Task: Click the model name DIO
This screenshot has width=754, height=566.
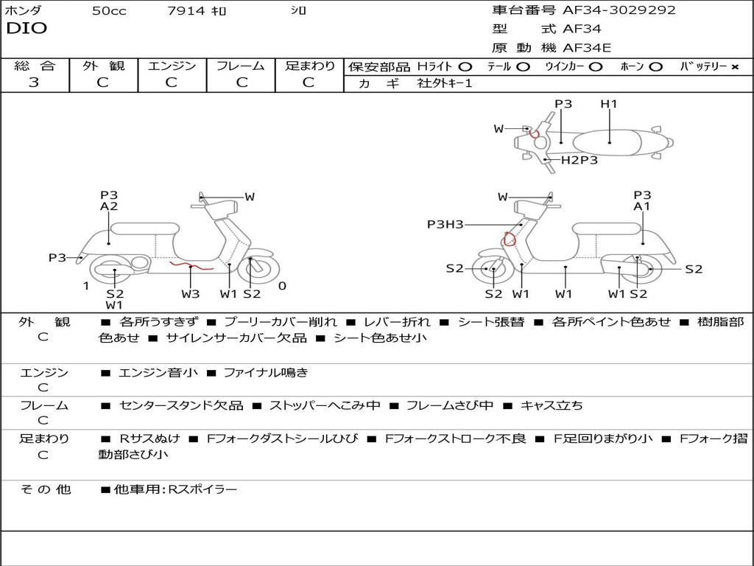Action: click(27, 29)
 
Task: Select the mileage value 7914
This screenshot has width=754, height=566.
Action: click(186, 11)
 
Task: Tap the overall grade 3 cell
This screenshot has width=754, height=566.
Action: click(34, 83)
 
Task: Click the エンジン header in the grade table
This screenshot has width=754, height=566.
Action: click(172, 66)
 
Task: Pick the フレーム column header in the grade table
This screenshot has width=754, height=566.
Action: click(240, 66)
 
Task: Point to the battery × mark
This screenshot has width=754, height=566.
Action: click(734, 67)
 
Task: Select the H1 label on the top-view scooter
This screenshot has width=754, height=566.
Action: click(609, 104)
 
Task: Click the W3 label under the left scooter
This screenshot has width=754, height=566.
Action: click(191, 294)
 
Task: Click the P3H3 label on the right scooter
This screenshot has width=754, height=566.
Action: click(445, 225)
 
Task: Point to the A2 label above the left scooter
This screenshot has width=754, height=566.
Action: click(109, 207)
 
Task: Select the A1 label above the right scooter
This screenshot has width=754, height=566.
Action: click(642, 207)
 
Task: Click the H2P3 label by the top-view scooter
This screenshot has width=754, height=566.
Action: click(579, 160)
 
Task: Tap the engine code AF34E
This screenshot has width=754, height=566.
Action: click(587, 48)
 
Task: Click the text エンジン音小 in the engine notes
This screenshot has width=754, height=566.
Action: click(158, 373)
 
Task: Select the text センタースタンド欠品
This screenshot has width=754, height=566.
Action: click(181, 405)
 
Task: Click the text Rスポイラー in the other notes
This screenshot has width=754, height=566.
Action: click(203, 489)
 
